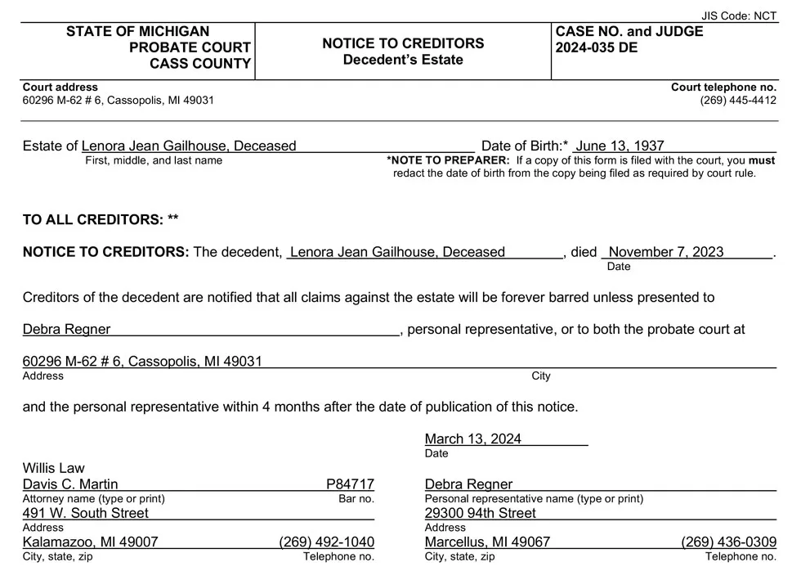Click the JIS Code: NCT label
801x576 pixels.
tap(740, 16)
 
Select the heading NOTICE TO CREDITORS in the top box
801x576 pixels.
tap(403, 43)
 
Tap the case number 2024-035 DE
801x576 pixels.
tap(597, 47)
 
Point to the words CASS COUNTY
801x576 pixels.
tap(200, 64)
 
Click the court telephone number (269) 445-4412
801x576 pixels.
tap(738, 100)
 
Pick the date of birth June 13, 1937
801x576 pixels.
tap(620, 146)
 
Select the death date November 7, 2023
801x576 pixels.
tap(666, 252)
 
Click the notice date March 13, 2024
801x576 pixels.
tap(473, 439)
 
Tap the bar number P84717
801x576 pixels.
tap(350, 484)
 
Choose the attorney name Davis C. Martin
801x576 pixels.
tap(70, 484)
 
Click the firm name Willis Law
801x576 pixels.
tap(53, 468)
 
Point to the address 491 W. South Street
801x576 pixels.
tap(86, 513)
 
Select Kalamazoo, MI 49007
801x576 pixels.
tap(90, 542)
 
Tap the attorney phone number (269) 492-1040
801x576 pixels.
tap(326, 542)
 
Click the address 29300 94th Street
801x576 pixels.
tap(481, 513)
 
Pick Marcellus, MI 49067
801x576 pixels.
tap(487, 542)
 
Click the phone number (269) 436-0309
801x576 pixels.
tap(728, 542)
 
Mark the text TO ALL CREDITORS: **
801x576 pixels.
tap(101, 219)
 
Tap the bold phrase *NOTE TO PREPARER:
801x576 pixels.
tap(448, 160)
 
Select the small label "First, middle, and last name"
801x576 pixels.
tap(154, 160)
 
